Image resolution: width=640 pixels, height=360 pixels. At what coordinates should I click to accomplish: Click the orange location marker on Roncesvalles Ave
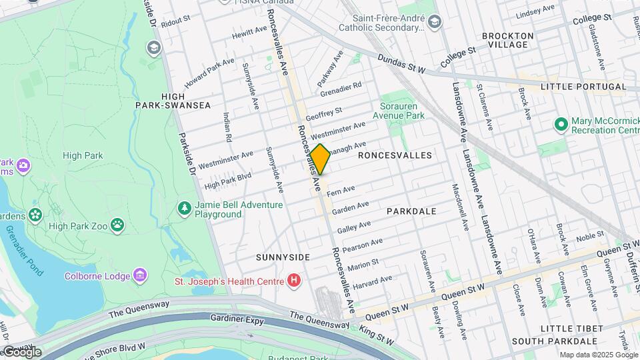(320, 159)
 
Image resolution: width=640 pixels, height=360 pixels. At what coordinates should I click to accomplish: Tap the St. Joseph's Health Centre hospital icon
(294, 281)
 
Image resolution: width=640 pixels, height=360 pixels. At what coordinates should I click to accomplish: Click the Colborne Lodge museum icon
(139, 275)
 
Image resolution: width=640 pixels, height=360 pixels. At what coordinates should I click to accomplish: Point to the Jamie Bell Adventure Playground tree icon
(184, 209)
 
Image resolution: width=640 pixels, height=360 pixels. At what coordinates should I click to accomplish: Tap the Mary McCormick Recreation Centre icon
(561, 125)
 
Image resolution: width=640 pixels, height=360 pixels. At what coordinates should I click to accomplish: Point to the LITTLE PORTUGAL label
(583, 87)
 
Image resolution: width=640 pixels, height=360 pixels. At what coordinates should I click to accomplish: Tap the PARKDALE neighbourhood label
(411, 211)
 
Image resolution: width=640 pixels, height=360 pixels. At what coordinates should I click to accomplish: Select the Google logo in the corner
(21, 351)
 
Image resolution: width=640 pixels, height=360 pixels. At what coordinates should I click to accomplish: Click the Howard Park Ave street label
(210, 74)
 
